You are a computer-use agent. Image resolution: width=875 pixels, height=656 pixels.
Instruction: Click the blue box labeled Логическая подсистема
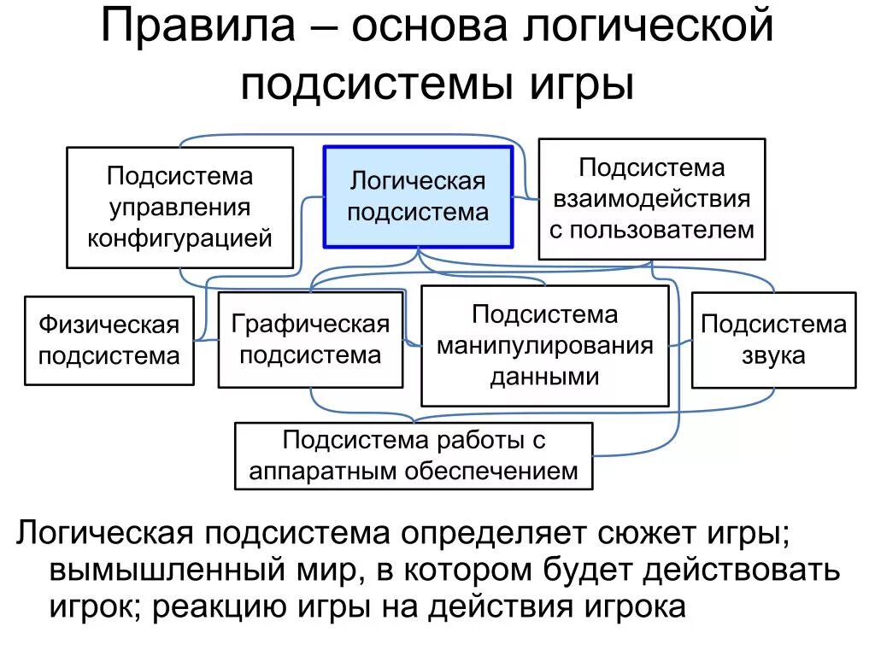click(x=418, y=196)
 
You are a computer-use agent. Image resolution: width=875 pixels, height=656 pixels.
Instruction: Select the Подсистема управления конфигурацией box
click(x=179, y=208)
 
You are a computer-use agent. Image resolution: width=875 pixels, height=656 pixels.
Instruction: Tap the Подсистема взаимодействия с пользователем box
click(x=651, y=198)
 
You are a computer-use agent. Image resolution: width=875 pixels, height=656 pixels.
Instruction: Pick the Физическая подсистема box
click(x=109, y=340)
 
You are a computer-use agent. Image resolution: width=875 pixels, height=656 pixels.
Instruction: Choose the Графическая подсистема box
click(x=310, y=339)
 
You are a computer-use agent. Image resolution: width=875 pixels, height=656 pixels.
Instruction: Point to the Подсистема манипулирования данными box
click(x=544, y=345)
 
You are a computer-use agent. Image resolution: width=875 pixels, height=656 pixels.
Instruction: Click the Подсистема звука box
click(x=773, y=339)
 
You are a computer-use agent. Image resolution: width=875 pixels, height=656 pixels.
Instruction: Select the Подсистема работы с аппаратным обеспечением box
click(x=414, y=456)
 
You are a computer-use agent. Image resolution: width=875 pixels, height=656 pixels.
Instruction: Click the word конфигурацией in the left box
click(x=179, y=237)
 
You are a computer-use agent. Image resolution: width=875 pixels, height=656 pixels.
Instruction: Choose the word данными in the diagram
click(x=544, y=377)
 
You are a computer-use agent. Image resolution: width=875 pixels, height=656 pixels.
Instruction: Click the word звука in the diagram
click(x=773, y=354)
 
